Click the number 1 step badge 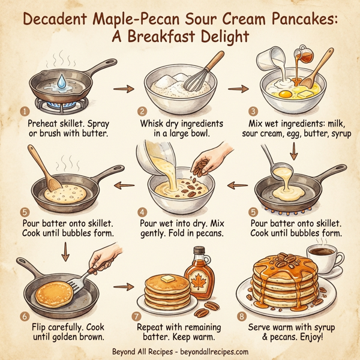point(25,112)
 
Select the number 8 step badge point(242,316)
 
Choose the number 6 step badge point(25,316)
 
